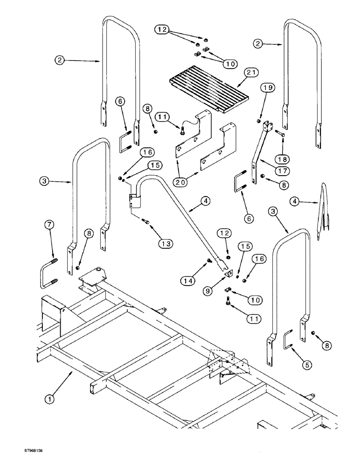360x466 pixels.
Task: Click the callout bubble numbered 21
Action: point(252,72)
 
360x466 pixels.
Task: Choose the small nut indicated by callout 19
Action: point(259,122)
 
